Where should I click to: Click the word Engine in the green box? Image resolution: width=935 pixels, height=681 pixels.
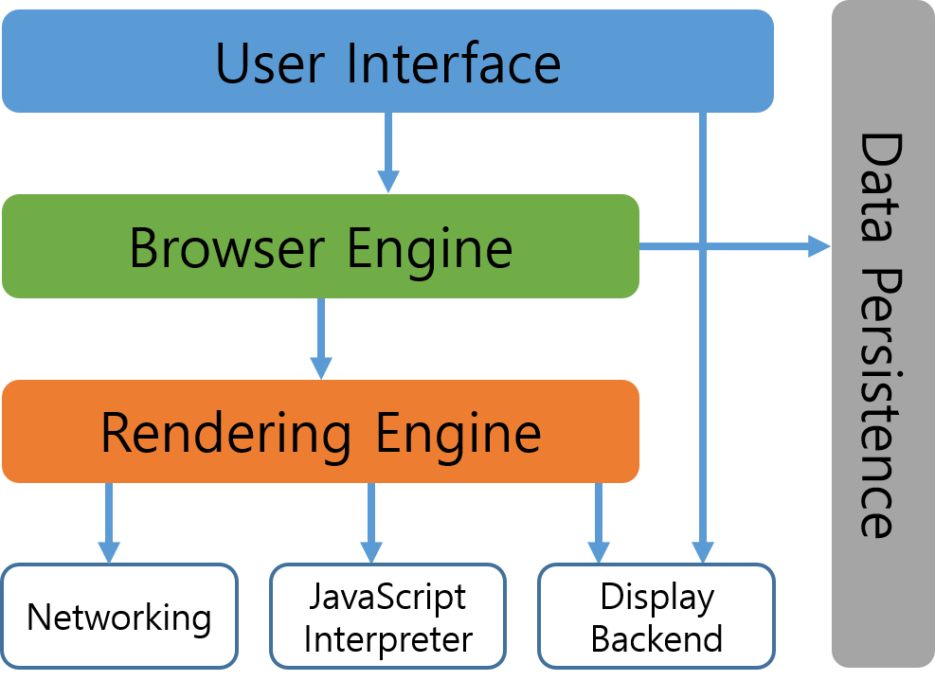pyautogui.click(x=429, y=248)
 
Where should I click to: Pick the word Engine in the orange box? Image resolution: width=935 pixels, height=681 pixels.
pyautogui.click(x=458, y=433)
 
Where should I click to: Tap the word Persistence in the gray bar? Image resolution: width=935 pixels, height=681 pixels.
pyautogui.click(x=879, y=403)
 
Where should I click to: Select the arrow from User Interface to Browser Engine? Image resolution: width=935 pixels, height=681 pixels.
pyautogui.click(x=387, y=152)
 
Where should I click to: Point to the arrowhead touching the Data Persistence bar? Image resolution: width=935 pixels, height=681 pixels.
pyautogui.click(x=819, y=247)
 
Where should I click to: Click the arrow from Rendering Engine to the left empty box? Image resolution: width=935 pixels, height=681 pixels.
pyautogui.click(x=109, y=521)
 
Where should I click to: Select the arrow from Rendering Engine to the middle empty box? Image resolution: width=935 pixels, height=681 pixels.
pyautogui.click(x=370, y=521)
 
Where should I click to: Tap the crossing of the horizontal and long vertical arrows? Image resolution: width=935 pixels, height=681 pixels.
pyautogui.click(x=702, y=247)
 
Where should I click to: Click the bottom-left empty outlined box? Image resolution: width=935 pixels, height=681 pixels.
pyautogui.click(x=119, y=616)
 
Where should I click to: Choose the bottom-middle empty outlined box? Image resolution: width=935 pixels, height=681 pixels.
pyautogui.click(x=387, y=616)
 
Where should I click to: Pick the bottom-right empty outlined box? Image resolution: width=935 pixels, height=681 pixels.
pyautogui.click(x=656, y=616)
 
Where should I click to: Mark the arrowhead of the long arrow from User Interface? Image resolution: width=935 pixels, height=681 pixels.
pyautogui.click(x=702, y=553)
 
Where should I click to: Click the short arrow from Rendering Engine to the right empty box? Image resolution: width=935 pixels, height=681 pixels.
pyautogui.click(x=598, y=521)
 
